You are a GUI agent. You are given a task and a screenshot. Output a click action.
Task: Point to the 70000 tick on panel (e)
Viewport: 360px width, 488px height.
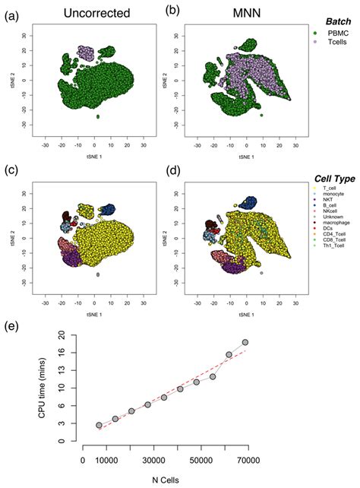(x=246, y=459)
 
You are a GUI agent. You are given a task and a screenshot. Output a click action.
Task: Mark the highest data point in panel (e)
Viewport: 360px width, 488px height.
(x=245, y=343)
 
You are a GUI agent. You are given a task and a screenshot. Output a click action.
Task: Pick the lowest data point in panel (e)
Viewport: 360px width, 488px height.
(x=99, y=426)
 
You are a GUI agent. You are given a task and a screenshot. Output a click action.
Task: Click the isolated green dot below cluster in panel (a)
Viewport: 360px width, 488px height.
(x=98, y=116)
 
